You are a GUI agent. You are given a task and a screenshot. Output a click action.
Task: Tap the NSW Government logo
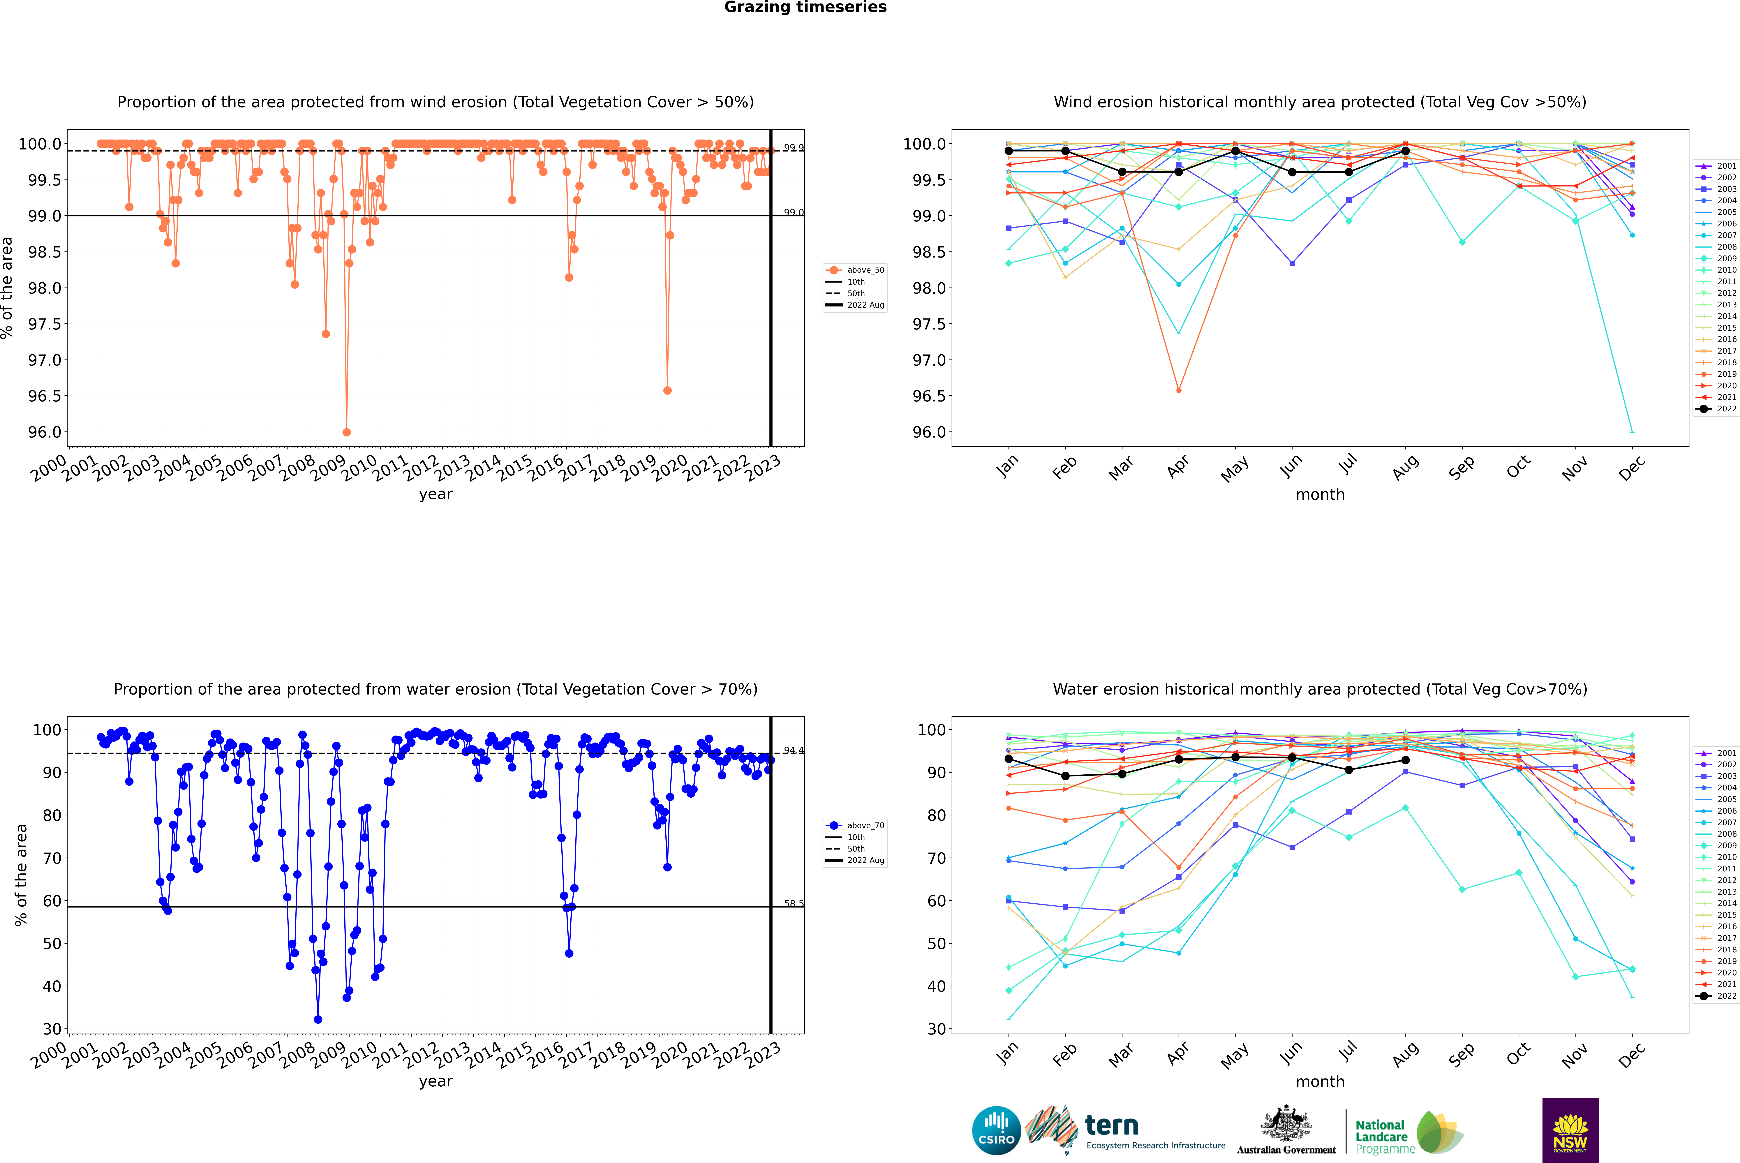click(1570, 1130)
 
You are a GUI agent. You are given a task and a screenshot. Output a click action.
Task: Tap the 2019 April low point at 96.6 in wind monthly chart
click(1179, 390)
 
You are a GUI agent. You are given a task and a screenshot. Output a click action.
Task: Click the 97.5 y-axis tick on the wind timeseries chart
click(45, 324)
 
